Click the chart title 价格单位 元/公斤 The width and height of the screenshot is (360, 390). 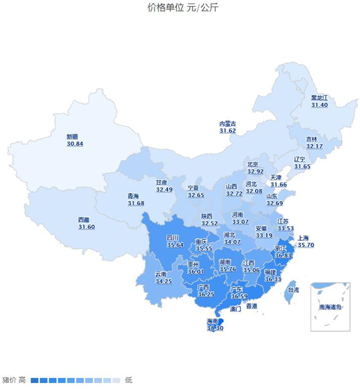[x=179, y=8]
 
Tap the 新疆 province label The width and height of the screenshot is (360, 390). [x=75, y=137]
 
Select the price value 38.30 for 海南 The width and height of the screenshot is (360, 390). [x=215, y=328]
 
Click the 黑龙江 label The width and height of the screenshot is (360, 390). [x=320, y=98]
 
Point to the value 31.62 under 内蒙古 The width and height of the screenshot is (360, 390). [x=227, y=130]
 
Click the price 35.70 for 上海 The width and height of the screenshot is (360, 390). [x=306, y=245]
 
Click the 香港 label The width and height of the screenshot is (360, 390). [x=251, y=306]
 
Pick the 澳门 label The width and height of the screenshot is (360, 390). [x=235, y=310]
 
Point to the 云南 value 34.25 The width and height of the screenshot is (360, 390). [x=163, y=281]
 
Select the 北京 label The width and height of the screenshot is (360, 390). [x=253, y=164]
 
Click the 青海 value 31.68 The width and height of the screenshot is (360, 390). [x=136, y=203]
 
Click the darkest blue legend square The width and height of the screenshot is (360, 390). [x=35, y=380]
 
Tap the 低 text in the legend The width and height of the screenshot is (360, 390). [x=128, y=380]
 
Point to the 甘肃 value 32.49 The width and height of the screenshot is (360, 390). [x=164, y=190]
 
